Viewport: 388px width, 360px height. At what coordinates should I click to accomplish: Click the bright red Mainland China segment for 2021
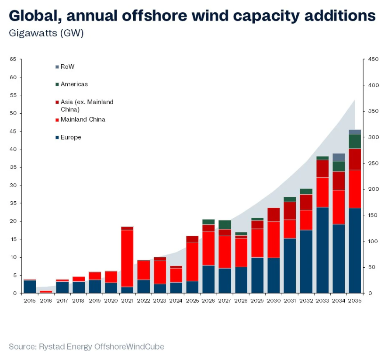click(127, 258)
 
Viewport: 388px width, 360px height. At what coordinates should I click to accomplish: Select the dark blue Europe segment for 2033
click(322, 250)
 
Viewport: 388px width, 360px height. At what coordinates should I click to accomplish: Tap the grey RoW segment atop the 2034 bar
click(339, 157)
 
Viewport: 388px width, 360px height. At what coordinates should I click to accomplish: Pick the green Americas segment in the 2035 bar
click(355, 141)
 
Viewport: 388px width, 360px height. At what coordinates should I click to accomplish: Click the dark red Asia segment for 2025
click(192, 239)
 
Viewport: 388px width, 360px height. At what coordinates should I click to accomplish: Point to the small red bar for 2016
click(46, 291)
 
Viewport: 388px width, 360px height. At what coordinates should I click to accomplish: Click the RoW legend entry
click(67, 67)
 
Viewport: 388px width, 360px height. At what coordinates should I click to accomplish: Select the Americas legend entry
click(74, 84)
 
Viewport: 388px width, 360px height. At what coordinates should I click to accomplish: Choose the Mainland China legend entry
click(83, 119)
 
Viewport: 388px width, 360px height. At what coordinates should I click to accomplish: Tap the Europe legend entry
click(71, 137)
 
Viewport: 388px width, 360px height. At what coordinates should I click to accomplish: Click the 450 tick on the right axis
click(373, 59)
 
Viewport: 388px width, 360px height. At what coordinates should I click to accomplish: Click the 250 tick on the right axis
click(373, 163)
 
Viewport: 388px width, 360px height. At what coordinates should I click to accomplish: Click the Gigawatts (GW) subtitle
click(46, 33)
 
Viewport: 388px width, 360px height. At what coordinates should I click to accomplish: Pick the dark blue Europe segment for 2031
click(290, 266)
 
